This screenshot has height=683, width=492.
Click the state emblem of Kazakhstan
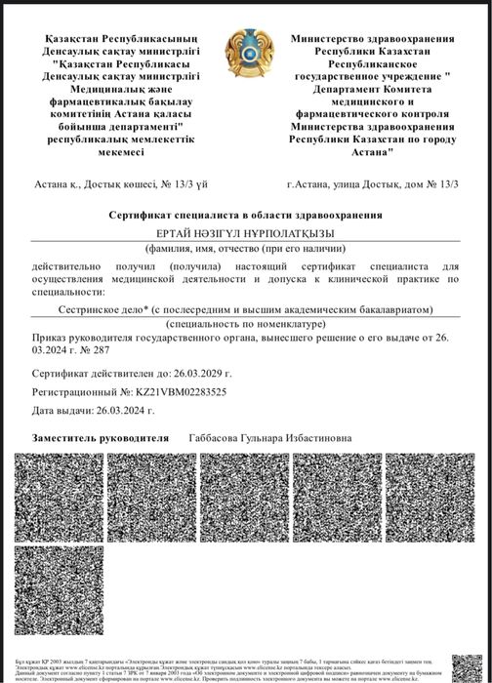[246, 56]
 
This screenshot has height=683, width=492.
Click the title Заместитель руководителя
[101, 438]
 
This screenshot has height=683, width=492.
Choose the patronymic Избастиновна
[318, 438]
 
